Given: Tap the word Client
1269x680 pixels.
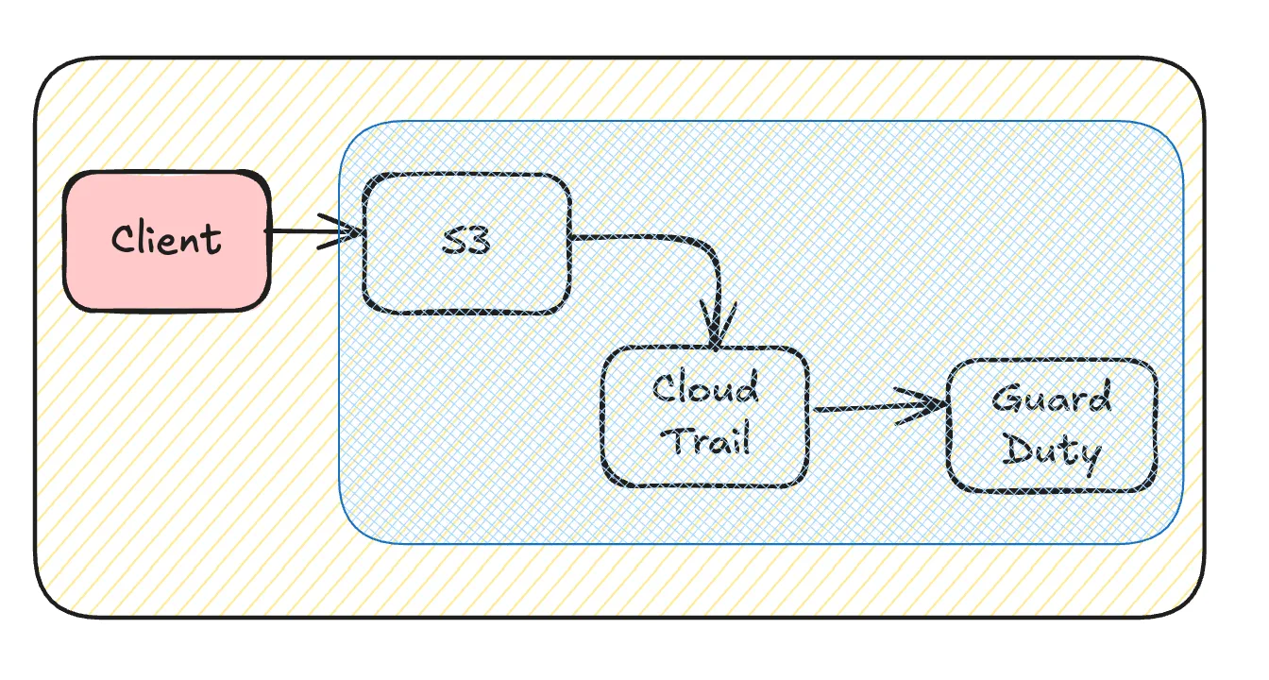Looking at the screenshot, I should (166, 239).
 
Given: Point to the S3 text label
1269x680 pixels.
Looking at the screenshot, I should (466, 242).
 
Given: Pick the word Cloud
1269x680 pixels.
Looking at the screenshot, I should (705, 389).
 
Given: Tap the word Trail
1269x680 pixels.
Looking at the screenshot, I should (705, 440).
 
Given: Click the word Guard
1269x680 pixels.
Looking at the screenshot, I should (1052, 399).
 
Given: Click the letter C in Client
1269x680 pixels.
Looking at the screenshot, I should (122, 240).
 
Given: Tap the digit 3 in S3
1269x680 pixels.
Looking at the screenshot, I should (479, 242).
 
